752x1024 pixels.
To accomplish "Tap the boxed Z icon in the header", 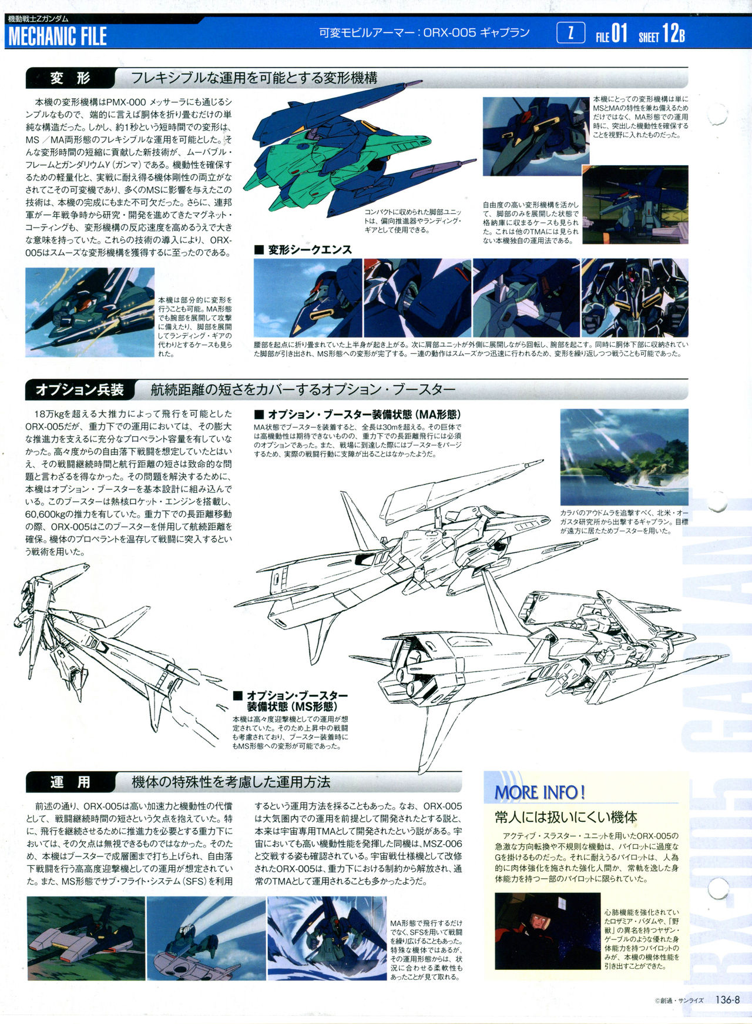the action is [570, 33].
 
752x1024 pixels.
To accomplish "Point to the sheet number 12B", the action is [673, 34].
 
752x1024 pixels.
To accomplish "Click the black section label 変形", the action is [70, 78].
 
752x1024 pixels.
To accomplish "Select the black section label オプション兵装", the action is [80, 389].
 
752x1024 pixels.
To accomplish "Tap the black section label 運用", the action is [70, 782].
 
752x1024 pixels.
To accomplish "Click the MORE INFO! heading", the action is [539, 792].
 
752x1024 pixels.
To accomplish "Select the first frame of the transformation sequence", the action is [308, 298].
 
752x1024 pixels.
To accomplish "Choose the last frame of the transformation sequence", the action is [634, 298].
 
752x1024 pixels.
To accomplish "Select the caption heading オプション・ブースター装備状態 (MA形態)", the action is [358, 414].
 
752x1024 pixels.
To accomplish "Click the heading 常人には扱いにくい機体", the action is [566, 817].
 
